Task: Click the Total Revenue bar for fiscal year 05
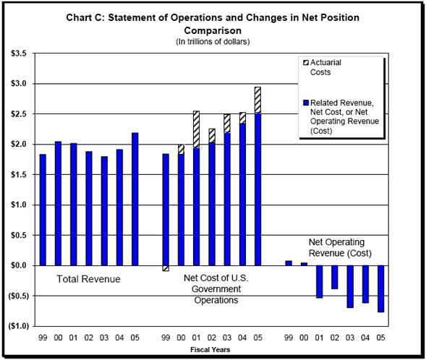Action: point(135,199)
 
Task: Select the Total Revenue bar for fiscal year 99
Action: point(43,210)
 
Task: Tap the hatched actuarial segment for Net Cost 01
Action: point(196,129)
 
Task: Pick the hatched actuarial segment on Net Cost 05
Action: point(257,100)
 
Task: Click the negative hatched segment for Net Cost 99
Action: point(166,268)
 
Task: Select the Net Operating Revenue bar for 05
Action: point(380,289)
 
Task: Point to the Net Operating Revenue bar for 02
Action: point(334,277)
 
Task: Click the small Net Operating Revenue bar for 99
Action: point(289,263)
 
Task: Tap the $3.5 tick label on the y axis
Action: point(19,53)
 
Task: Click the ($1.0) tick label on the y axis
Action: point(19,326)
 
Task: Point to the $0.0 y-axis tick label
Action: point(19,265)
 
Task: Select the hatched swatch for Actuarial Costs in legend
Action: point(306,63)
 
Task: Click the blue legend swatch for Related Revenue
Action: point(306,103)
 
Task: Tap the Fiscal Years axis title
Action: point(210,350)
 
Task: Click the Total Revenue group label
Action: point(88,279)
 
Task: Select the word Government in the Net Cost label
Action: point(216,289)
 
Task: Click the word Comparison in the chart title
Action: point(213,30)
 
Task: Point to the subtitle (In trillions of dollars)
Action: point(213,41)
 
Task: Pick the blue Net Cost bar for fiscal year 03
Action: point(227,199)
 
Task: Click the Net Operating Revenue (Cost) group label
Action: point(340,248)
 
